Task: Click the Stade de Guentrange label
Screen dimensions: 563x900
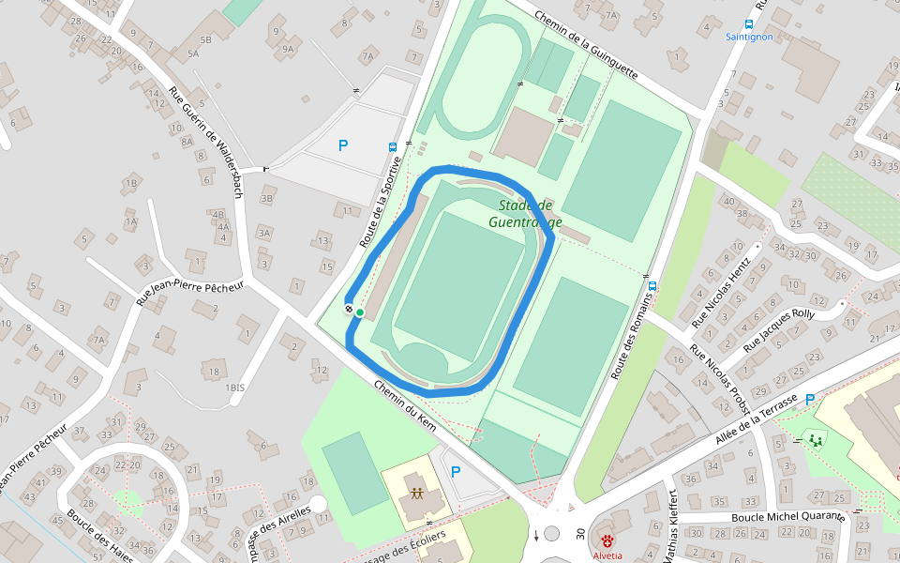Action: pyautogui.click(x=525, y=214)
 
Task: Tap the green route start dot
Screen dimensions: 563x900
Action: pyautogui.click(x=360, y=312)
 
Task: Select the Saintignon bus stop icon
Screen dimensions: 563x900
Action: pyautogui.click(x=749, y=24)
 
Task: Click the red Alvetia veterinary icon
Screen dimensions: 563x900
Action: pyautogui.click(x=607, y=541)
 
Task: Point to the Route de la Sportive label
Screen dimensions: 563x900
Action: pyautogui.click(x=382, y=202)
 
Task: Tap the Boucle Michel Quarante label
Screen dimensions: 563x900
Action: pyautogui.click(x=787, y=517)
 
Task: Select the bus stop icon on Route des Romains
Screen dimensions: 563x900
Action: pyautogui.click(x=652, y=284)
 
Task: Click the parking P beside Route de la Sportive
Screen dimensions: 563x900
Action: pyautogui.click(x=343, y=145)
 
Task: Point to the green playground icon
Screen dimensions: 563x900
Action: pyautogui.click(x=815, y=439)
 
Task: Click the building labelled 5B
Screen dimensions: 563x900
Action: pyautogui.click(x=205, y=40)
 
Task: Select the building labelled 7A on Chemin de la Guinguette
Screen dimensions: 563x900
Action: pyautogui.click(x=611, y=15)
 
